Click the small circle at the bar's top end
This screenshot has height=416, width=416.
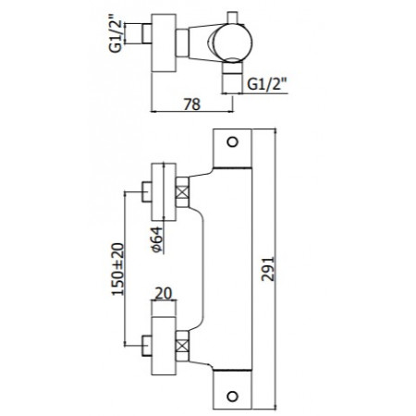(x=233, y=144)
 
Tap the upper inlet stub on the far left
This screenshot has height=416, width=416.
(x=146, y=194)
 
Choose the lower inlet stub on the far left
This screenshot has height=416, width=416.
(x=146, y=349)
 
